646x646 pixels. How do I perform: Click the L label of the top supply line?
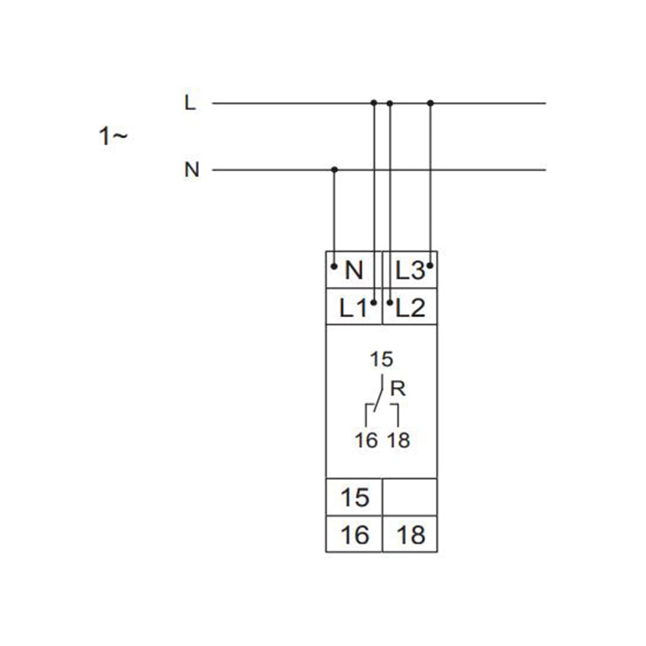point(190,103)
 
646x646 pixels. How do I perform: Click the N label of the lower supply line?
point(192,170)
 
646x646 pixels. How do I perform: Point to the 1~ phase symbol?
point(113,136)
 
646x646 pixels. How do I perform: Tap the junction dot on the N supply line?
point(335,170)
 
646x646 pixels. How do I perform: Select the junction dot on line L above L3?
point(430,103)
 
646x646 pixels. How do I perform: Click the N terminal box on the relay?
point(354,270)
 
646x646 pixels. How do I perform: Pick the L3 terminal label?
point(410,271)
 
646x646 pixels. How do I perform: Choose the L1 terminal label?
point(353,307)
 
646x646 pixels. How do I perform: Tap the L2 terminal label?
point(410,307)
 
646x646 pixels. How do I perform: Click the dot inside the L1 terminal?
point(373,303)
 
